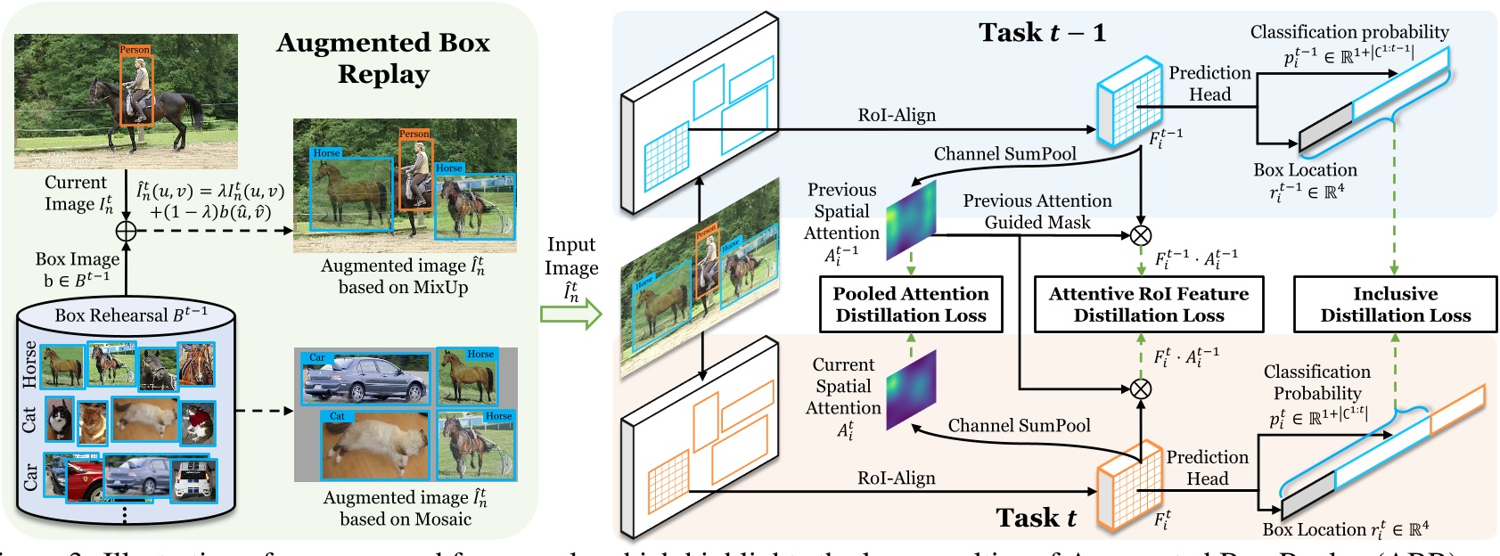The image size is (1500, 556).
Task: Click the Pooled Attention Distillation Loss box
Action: point(911,305)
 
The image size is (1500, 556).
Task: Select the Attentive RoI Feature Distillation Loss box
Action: point(1148,305)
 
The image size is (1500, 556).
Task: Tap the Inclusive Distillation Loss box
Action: point(1395,305)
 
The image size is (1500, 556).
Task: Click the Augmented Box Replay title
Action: point(383,57)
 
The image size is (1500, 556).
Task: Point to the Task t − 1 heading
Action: point(1042,33)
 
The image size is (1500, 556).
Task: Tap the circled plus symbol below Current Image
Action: point(126,230)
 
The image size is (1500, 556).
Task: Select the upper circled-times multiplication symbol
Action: point(1141,235)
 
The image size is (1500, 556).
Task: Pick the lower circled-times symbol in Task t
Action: point(1141,388)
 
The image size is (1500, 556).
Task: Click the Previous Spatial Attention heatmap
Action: point(911,220)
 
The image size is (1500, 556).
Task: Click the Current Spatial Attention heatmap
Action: point(911,390)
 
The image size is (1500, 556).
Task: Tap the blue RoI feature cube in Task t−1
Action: point(1128,102)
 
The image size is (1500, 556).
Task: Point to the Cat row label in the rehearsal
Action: point(29,420)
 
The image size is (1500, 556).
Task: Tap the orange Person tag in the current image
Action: point(135,50)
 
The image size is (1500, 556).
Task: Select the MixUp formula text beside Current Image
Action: point(210,201)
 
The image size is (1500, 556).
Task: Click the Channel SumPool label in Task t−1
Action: point(1004,154)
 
